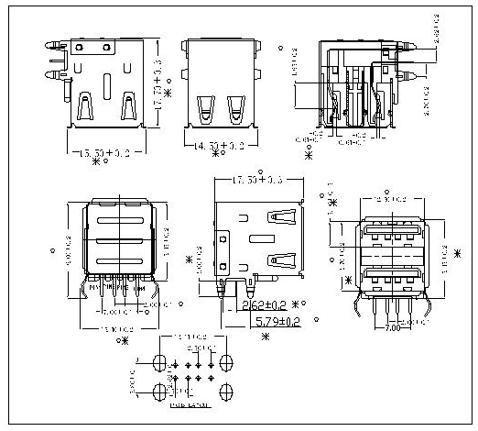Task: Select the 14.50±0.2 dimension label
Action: pyautogui.click(x=219, y=146)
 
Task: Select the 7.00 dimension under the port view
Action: pyautogui.click(x=391, y=327)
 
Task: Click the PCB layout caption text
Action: pyautogui.click(x=188, y=403)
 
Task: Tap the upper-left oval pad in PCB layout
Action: pyautogui.click(x=157, y=361)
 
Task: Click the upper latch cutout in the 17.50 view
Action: pyautogui.click(x=281, y=219)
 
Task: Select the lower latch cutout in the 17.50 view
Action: pyautogui.click(x=281, y=258)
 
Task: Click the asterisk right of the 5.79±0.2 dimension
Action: pyautogui.click(x=313, y=322)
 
